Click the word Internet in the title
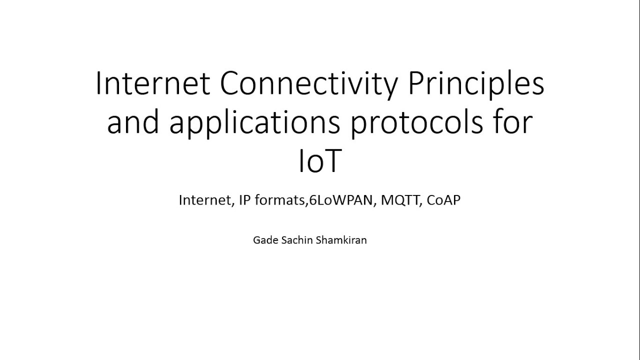coord(152,84)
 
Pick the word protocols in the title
coord(416,123)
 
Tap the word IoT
coord(319,162)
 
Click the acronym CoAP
coord(443,200)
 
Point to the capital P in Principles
coord(416,84)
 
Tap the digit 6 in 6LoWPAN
coord(313,200)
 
